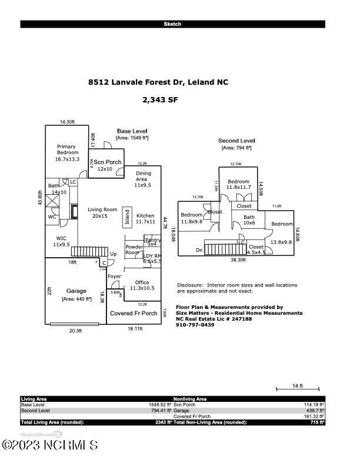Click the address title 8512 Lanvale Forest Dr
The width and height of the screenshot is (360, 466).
158,83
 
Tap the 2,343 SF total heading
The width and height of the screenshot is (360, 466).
160,100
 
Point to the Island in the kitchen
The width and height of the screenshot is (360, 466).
126,217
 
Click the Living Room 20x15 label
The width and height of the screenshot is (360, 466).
102,212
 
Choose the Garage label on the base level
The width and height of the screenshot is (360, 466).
76,291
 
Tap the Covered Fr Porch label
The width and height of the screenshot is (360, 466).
134,314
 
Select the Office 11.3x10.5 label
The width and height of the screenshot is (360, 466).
142,285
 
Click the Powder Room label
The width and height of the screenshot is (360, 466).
134,249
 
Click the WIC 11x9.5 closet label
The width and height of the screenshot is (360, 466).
61,241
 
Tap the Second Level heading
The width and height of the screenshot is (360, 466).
236,141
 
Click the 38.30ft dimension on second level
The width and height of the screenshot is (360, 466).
237,259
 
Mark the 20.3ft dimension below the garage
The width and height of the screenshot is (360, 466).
75,331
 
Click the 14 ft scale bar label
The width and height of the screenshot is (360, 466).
298,386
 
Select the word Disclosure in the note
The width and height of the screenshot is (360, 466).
189,285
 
